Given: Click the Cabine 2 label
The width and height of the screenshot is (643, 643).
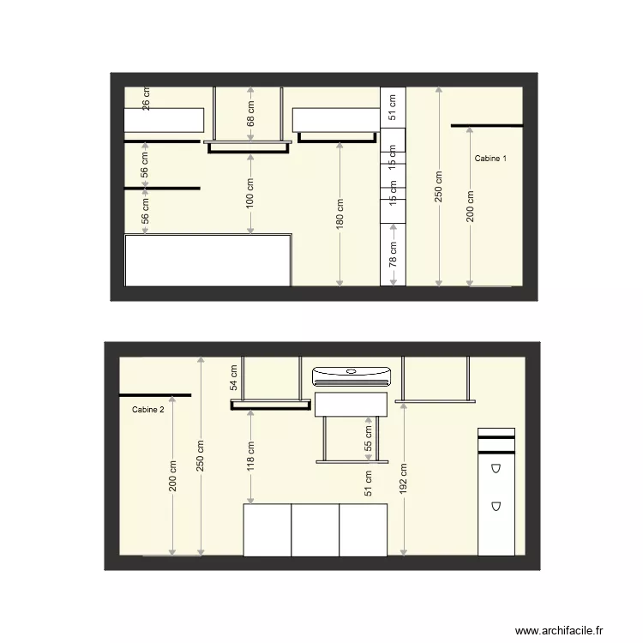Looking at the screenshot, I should pyautogui.click(x=148, y=410).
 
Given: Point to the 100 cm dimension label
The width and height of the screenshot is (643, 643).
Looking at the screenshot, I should pyautogui.click(x=251, y=197).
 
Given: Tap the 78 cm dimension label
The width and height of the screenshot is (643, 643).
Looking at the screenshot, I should pyautogui.click(x=393, y=255).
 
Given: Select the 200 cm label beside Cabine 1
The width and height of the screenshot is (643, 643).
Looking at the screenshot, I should pyautogui.click(x=470, y=207).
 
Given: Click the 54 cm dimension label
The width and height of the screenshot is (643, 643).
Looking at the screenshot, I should pyautogui.click(x=232, y=377).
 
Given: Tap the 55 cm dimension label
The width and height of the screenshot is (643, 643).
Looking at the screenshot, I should pyautogui.click(x=369, y=440).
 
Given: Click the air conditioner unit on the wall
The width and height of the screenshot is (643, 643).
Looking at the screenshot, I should pyautogui.click(x=352, y=375).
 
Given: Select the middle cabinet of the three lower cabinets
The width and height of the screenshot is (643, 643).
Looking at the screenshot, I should pyautogui.click(x=315, y=530).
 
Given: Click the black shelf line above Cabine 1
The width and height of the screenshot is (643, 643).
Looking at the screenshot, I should pyautogui.click(x=486, y=126).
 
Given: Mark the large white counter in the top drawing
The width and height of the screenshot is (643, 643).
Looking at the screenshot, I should pyautogui.click(x=207, y=261).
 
